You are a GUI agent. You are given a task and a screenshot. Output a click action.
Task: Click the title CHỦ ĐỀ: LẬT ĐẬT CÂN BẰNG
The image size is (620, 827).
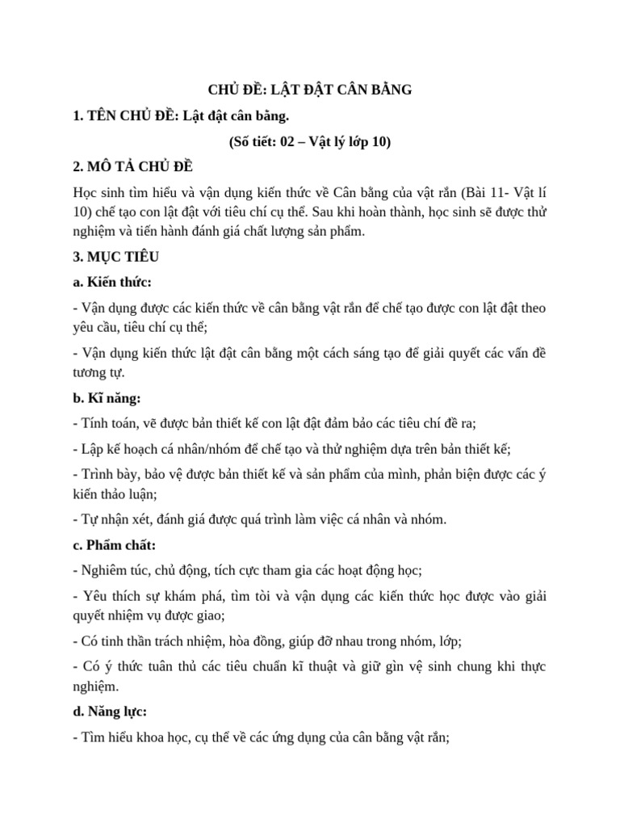310,90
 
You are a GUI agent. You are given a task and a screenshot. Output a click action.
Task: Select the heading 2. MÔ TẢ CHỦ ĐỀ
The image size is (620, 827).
132,168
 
